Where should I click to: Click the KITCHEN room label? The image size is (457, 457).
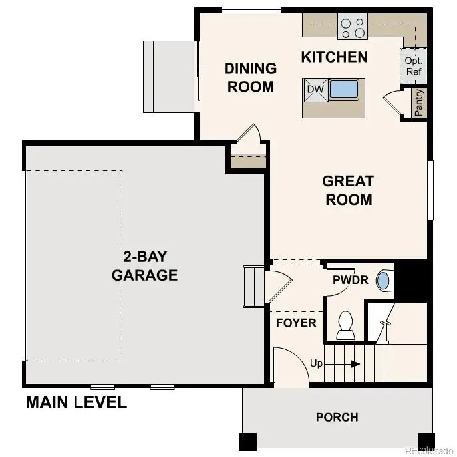(x=334, y=57)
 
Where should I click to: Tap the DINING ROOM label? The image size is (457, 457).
(x=250, y=77)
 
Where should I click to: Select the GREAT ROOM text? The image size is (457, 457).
(x=348, y=190)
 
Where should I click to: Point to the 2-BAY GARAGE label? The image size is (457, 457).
(x=145, y=266)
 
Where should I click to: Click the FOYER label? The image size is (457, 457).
(x=296, y=323)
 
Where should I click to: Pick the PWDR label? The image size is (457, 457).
(x=351, y=280)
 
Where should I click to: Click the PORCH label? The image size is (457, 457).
(x=337, y=418)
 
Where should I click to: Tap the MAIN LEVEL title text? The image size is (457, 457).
(x=76, y=402)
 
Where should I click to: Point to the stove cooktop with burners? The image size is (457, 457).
(x=353, y=27)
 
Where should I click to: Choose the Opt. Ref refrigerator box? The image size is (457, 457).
(x=413, y=65)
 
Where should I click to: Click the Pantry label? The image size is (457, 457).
(x=419, y=103)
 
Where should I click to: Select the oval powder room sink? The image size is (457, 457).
(x=383, y=280)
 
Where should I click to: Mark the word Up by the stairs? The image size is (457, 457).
(x=317, y=363)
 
